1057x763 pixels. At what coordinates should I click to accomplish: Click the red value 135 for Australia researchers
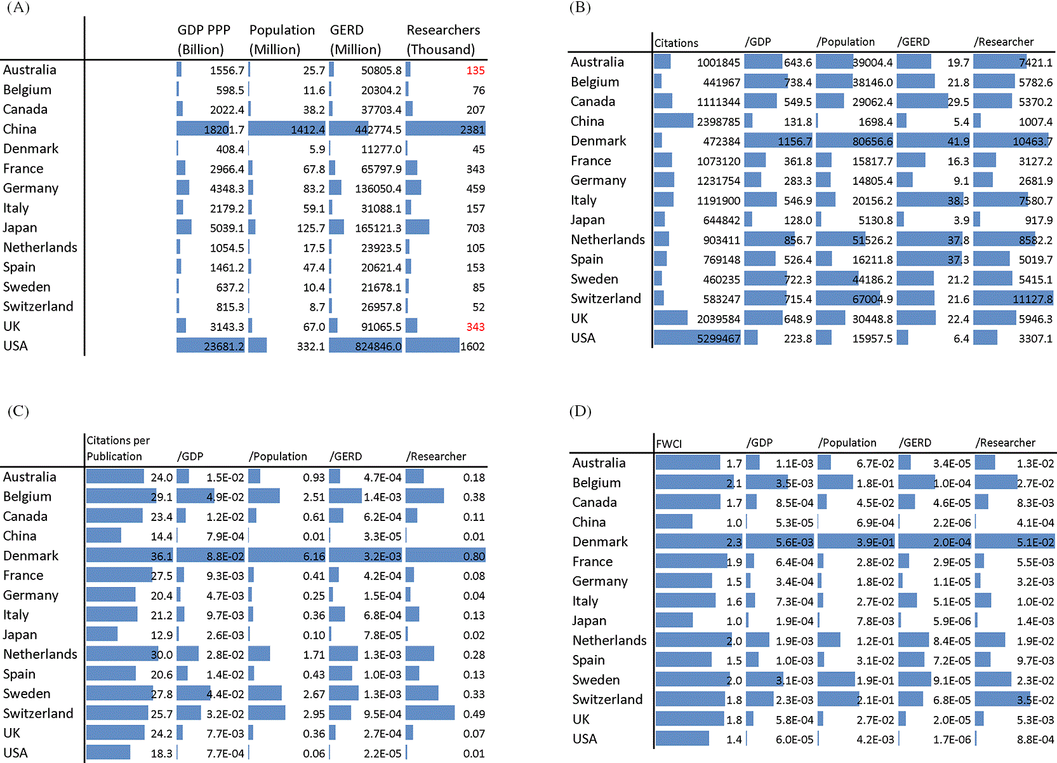coord(475,71)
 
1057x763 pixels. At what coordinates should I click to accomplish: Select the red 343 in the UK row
coord(475,327)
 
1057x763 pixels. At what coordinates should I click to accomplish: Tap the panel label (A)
coord(18,8)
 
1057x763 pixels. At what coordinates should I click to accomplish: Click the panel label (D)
coord(580,411)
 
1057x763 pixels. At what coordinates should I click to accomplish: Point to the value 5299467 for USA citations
coord(719,339)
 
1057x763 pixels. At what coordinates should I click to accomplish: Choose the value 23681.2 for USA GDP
coord(224,347)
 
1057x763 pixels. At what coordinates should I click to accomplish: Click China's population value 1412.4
coord(308,130)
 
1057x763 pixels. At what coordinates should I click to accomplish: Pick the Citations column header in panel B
coord(676,43)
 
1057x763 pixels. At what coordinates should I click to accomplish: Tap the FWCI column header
coord(668,444)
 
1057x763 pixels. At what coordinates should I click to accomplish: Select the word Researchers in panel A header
coord(443,30)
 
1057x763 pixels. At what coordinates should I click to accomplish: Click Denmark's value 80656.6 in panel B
coord(872,142)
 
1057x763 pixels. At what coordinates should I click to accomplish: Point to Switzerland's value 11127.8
coord(1032,299)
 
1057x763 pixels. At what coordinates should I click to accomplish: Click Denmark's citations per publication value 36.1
coord(161,556)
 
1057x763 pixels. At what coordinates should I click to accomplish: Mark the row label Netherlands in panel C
coord(40,654)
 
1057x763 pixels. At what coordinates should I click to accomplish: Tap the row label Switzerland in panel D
coord(608,699)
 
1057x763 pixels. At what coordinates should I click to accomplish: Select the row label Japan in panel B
coord(587,220)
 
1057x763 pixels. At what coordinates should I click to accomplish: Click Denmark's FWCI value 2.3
coord(735,543)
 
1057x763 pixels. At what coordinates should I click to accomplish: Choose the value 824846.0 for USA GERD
coord(378,347)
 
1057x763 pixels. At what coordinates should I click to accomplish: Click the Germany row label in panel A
coord(30,189)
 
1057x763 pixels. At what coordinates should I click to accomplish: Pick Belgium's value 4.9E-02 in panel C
coord(225,497)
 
